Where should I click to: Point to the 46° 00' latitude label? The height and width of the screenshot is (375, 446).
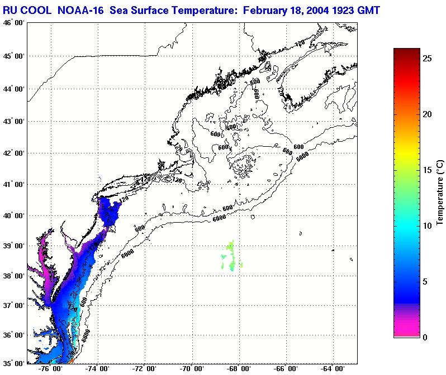click(13, 23)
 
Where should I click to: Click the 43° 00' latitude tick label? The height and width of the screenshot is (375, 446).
click(13, 121)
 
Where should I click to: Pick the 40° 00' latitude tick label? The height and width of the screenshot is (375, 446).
click(13, 215)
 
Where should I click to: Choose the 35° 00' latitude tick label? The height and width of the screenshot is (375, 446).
click(13, 363)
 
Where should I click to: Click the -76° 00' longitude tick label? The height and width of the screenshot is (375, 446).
click(51, 369)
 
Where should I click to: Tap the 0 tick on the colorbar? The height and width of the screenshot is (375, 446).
click(425, 337)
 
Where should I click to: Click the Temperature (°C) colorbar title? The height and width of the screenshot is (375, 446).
click(440, 193)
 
